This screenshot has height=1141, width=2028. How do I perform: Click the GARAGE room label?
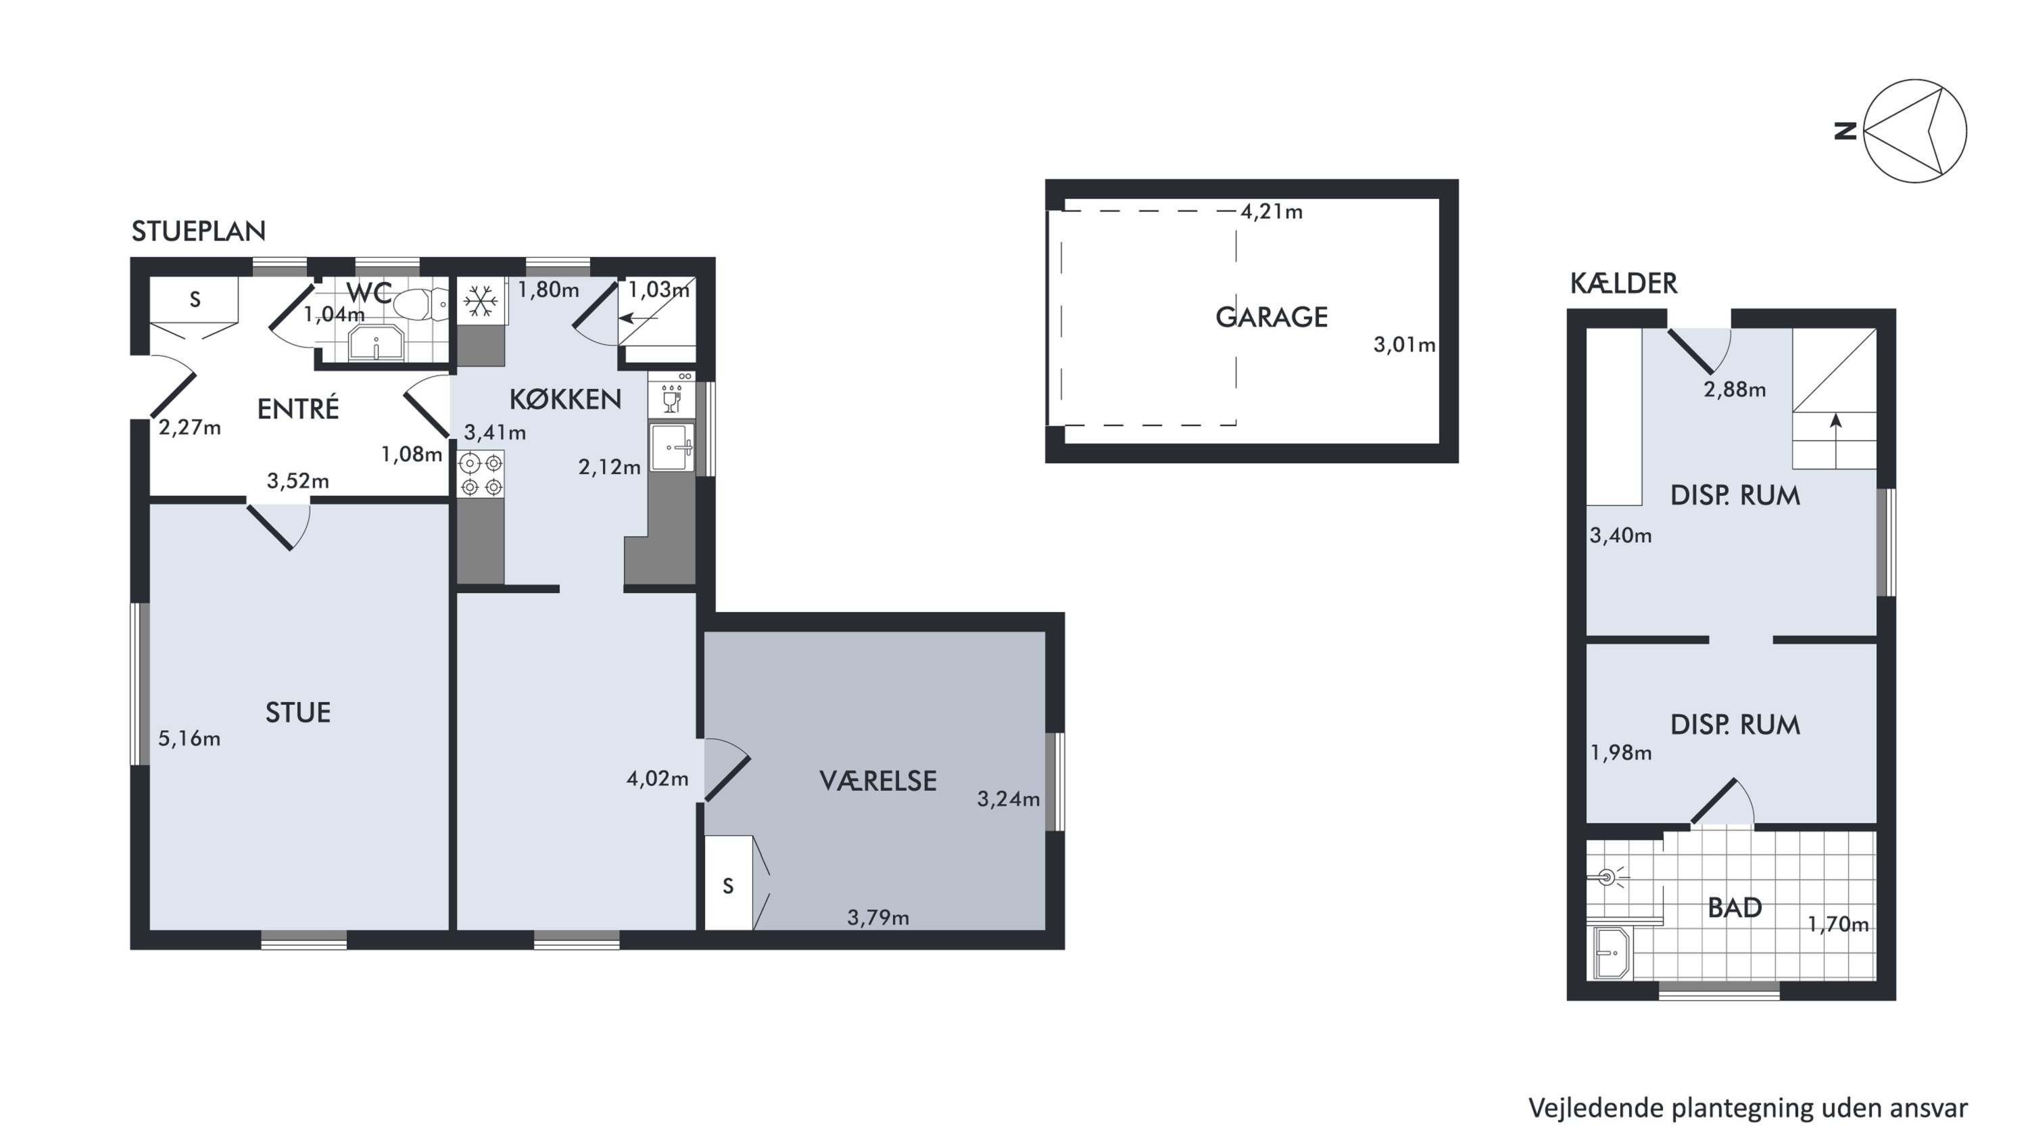coord(1271,317)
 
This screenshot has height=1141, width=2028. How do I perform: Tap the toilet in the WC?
coord(420,304)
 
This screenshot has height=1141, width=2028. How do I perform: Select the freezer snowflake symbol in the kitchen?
coord(480,301)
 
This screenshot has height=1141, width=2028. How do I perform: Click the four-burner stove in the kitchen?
coord(481,474)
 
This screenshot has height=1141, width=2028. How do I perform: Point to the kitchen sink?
coord(671,447)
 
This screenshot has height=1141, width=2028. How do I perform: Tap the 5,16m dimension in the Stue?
coord(189,739)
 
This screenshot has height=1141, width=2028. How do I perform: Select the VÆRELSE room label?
coord(878,781)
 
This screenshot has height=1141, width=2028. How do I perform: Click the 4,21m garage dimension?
coord(1272,212)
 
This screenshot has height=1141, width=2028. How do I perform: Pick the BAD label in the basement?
coord(1735,908)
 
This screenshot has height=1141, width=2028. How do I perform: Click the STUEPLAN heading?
coord(198,231)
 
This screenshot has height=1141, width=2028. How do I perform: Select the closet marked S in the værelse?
coord(729,883)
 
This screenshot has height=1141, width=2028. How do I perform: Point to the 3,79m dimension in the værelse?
coord(878,917)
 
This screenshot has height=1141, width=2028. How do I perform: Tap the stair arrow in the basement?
coord(1836,441)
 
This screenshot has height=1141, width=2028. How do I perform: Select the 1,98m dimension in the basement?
coord(1621,753)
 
